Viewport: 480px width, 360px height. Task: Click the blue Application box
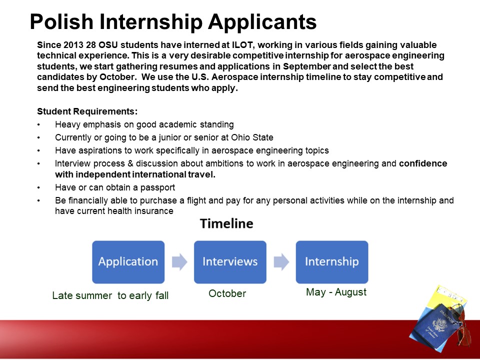coord(128,261)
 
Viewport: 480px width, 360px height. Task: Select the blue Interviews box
coord(230,261)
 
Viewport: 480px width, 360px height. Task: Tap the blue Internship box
coord(332,261)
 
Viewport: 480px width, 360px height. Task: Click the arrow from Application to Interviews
coord(179,261)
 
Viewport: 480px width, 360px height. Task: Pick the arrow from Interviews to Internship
coord(281,261)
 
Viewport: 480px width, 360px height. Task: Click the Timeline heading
coord(226,223)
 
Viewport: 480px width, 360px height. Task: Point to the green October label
coord(227,293)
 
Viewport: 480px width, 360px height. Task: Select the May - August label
coord(336,292)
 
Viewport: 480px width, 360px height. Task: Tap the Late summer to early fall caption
coord(110,295)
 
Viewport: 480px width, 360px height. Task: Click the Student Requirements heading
coord(87,111)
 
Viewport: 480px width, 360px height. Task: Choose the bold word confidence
coord(423,163)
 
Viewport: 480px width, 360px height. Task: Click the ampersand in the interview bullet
coord(130,163)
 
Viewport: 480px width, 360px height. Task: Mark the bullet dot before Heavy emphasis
coord(38,124)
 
